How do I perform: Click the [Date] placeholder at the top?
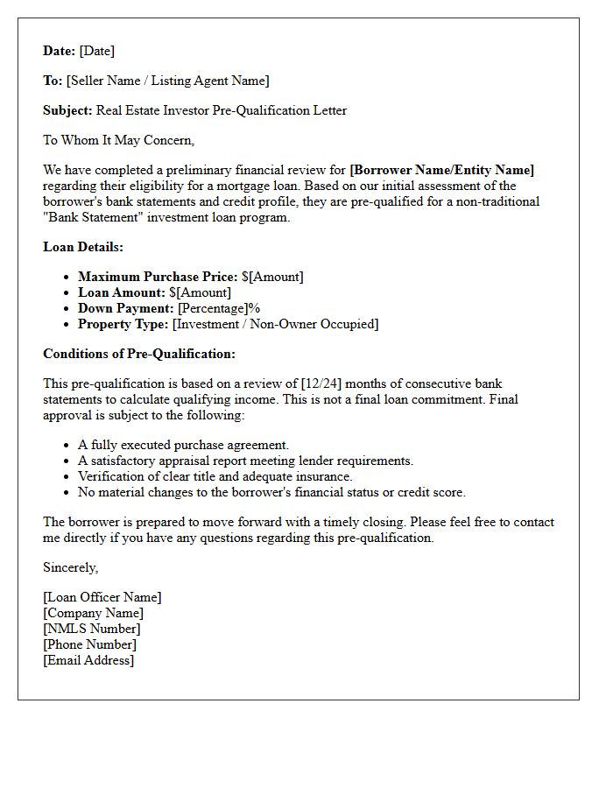(97, 51)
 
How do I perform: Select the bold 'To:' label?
(53, 81)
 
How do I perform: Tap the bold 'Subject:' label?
(67, 110)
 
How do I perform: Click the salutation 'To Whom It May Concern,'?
(118, 140)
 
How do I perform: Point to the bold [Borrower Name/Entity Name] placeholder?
(441, 170)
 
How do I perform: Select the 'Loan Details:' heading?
(83, 247)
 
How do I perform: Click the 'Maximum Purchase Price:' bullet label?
(158, 277)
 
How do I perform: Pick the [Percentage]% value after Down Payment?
(219, 308)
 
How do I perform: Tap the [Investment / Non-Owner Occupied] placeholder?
(275, 324)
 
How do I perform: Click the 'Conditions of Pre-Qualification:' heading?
(139, 354)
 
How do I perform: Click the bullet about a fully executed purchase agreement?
(183, 445)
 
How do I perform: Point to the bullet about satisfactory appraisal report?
(245, 461)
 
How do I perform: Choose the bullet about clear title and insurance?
(215, 476)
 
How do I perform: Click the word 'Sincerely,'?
(71, 567)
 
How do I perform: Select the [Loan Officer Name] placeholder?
(102, 597)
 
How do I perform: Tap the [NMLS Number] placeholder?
(92, 629)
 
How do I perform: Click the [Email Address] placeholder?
(88, 660)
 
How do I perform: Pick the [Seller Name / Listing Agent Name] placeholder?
(168, 81)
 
